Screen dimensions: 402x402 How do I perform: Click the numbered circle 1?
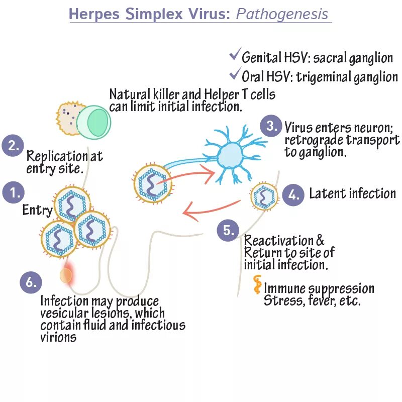pyautogui.click(x=14, y=193)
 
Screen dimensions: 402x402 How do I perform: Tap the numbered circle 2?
pyautogui.click(x=14, y=146)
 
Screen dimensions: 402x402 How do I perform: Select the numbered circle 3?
pyautogui.click(x=271, y=126)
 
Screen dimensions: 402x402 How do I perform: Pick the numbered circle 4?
pyautogui.click(x=293, y=194)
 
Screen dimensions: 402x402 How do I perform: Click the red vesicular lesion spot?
pyautogui.click(x=66, y=275)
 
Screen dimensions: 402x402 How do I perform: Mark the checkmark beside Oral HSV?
pyautogui.click(x=234, y=75)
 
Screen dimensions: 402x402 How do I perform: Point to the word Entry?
pyautogui.click(x=37, y=210)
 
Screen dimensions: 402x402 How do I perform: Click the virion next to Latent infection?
pyautogui.click(x=264, y=196)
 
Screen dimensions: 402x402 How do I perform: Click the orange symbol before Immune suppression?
pyautogui.click(x=257, y=285)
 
